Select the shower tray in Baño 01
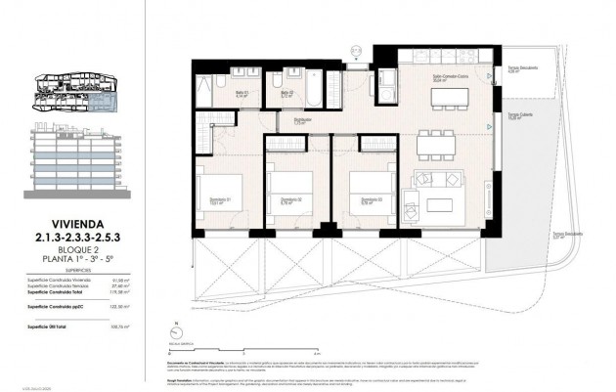[x=208, y=94]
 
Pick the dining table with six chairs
[x=437, y=145]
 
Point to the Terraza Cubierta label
[x=518, y=115]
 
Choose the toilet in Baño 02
[x=280, y=80]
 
